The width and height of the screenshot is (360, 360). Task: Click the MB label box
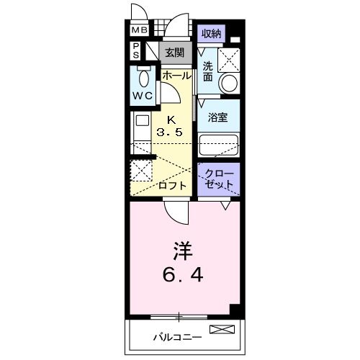pyautogui.click(x=139, y=30)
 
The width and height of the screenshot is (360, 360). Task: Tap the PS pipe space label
pyautogui.click(x=135, y=51)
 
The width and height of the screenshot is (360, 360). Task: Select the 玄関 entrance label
pyautogui.click(x=174, y=52)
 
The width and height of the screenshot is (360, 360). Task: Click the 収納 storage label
pyautogui.click(x=210, y=34)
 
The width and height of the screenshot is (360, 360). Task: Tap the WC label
pyautogui.click(x=142, y=96)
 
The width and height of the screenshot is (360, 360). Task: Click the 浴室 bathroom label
pyautogui.click(x=218, y=117)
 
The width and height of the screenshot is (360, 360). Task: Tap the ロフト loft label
pyautogui.click(x=174, y=185)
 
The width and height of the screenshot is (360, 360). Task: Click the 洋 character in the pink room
pyautogui.click(x=183, y=253)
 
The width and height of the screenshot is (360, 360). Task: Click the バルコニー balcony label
pyautogui.click(x=176, y=336)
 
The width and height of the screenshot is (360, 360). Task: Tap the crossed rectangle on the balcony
pyautogui.click(x=222, y=330)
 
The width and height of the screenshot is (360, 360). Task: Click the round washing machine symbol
pyautogui.click(x=228, y=82)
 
